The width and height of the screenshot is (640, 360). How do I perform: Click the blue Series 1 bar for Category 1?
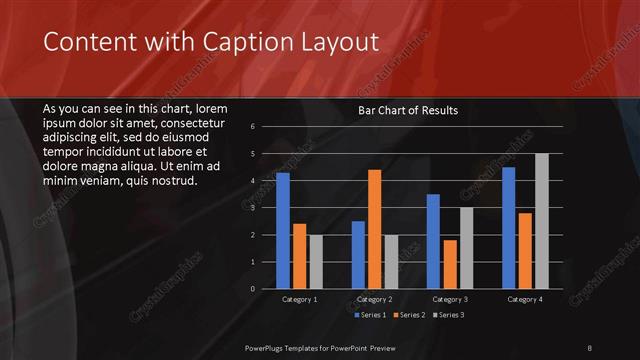click(x=283, y=230)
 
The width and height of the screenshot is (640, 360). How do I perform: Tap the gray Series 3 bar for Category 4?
click(x=542, y=221)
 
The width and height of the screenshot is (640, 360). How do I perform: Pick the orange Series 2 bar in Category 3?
click(x=449, y=264)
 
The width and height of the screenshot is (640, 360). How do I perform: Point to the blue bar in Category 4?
click(x=508, y=227)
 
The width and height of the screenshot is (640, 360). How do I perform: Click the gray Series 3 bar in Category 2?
click(x=391, y=262)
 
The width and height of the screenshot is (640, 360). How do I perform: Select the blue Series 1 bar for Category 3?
click(x=433, y=241)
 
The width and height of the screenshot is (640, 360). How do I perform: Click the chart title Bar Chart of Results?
click(x=408, y=111)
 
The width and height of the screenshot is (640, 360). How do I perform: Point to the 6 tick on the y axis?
click(x=254, y=127)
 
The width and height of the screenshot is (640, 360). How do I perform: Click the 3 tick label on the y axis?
click(x=254, y=208)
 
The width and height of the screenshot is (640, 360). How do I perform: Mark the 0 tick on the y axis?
click(x=254, y=288)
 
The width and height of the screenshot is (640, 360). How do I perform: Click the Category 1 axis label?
click(x=300, y=299)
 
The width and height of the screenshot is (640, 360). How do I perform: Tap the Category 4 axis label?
click(x=525, y=299)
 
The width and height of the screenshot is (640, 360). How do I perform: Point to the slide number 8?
click(x=590, y=347)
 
